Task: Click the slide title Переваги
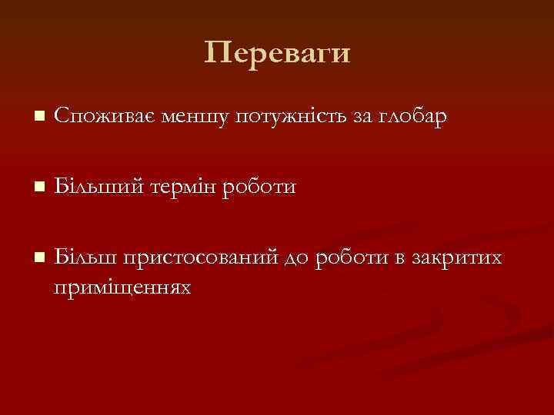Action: [x=277, y=53]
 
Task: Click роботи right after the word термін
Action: [x=259, y=188]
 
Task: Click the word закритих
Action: [x=458, y=257]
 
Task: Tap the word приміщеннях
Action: [x=123, y=287]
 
